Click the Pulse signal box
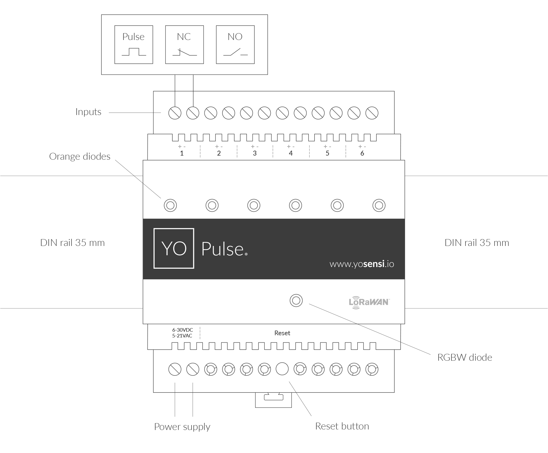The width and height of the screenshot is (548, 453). [133, 45]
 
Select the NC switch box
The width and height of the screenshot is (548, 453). [184, 45]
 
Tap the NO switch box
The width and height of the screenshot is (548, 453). [235, 45]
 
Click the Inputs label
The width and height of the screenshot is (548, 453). [88, 112]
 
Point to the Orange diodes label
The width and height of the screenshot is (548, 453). [80, 156]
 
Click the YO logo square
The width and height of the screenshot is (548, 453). [174, 248]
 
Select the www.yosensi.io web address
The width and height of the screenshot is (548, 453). [362, 264]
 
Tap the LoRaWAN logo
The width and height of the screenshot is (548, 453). [369, 302]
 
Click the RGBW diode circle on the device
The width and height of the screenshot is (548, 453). [296, 301]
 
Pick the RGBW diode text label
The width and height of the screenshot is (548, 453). [464, 357]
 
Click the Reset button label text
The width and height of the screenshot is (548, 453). [342, 426]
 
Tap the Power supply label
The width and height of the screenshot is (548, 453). [182, 427]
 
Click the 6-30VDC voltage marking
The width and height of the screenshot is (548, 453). [182, 330]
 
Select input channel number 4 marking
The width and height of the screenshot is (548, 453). [291, 153]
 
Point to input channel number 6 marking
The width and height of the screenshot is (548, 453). [362, 153]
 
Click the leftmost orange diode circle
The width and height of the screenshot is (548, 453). [170, 205]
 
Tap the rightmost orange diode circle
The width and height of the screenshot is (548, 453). [379, 205]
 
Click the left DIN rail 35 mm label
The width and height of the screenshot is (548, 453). [72, 243]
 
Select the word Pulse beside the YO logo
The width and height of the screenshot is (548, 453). [222, 249]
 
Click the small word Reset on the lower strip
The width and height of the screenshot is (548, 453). [282, 333]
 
